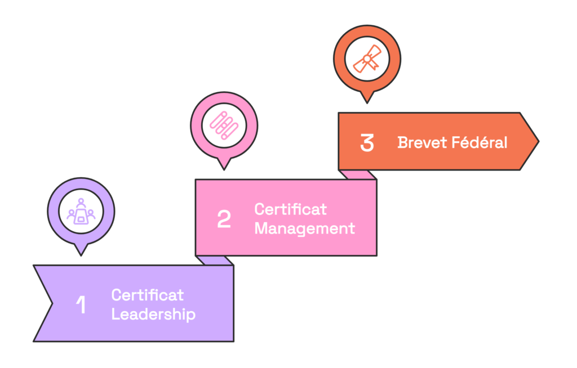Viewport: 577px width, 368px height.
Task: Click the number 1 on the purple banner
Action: (81, 304)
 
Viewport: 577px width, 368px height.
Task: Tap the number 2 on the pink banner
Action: (224, 219)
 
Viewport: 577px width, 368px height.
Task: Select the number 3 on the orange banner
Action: (367, 143)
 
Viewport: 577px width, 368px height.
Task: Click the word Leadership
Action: (153, 314)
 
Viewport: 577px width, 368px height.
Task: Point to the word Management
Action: (304, 228)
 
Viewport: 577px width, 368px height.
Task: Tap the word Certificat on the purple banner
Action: (148, 295)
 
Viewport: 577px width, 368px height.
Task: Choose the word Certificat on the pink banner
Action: (290, 209)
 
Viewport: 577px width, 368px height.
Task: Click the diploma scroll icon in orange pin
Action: (367, 59)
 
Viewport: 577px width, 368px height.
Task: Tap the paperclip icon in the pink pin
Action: (224, 125)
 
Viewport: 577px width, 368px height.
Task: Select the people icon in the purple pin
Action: (81, 212)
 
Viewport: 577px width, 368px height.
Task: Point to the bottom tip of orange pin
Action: (367, 102)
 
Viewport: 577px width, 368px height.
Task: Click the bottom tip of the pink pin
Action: (224, 168)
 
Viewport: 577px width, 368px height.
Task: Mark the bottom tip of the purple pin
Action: (81, 255)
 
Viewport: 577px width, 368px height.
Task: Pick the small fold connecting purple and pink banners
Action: (215, 260)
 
